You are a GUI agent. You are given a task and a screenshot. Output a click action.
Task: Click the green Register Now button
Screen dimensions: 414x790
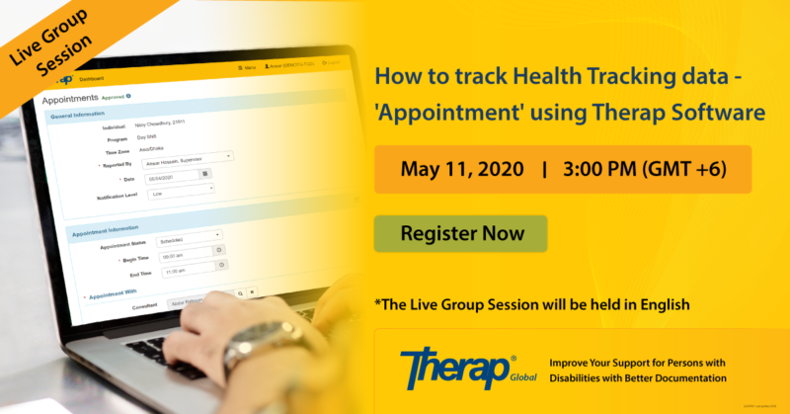(x=460, y=234)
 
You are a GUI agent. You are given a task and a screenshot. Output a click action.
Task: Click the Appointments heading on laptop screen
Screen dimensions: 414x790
(x=69, y=99)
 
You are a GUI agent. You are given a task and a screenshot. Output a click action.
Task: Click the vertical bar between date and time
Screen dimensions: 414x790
(x=544, y=168)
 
